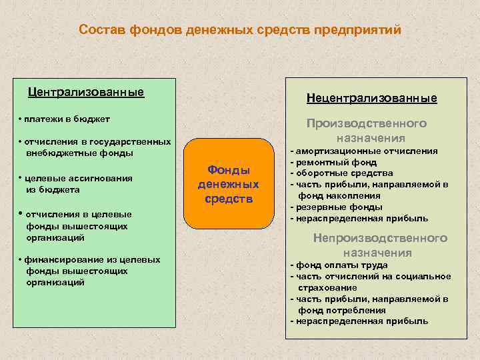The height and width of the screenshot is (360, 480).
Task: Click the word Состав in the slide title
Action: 101,30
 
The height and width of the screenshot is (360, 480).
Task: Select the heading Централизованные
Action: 85,91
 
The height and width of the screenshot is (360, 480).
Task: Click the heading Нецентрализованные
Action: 371,98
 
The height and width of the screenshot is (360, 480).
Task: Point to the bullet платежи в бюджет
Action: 65,119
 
